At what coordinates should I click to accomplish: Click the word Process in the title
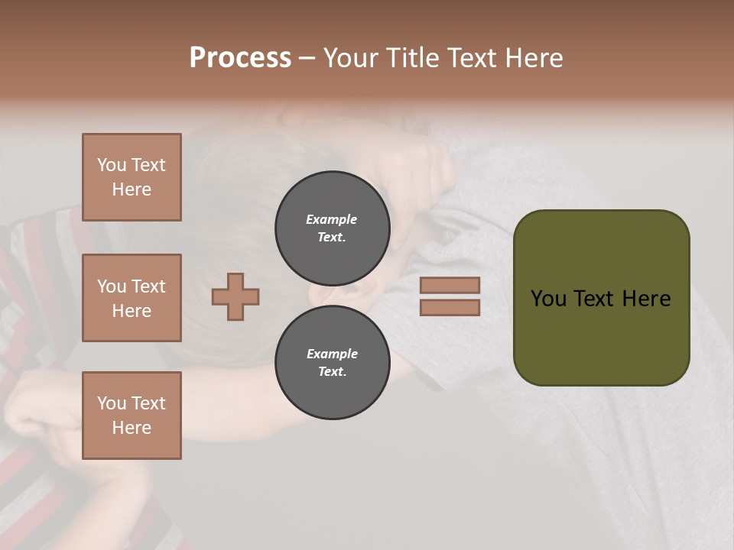(240, 58)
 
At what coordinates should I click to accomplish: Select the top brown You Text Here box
(132, 177)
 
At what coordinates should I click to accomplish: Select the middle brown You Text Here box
(132, 298)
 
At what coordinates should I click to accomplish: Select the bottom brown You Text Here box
(132, 416)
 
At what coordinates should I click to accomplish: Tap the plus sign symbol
(235, 296)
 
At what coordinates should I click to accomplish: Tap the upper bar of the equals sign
(450, 285)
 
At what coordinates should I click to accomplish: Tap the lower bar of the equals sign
(450, 307)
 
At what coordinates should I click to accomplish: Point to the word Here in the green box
(646, 299)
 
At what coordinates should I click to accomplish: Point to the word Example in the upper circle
(332, 219)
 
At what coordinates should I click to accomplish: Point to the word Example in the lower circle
(332, 354)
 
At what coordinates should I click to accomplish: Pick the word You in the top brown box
(112, 165)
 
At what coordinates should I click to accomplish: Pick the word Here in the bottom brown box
(132, 428)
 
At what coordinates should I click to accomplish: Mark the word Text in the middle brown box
(148, 286)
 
